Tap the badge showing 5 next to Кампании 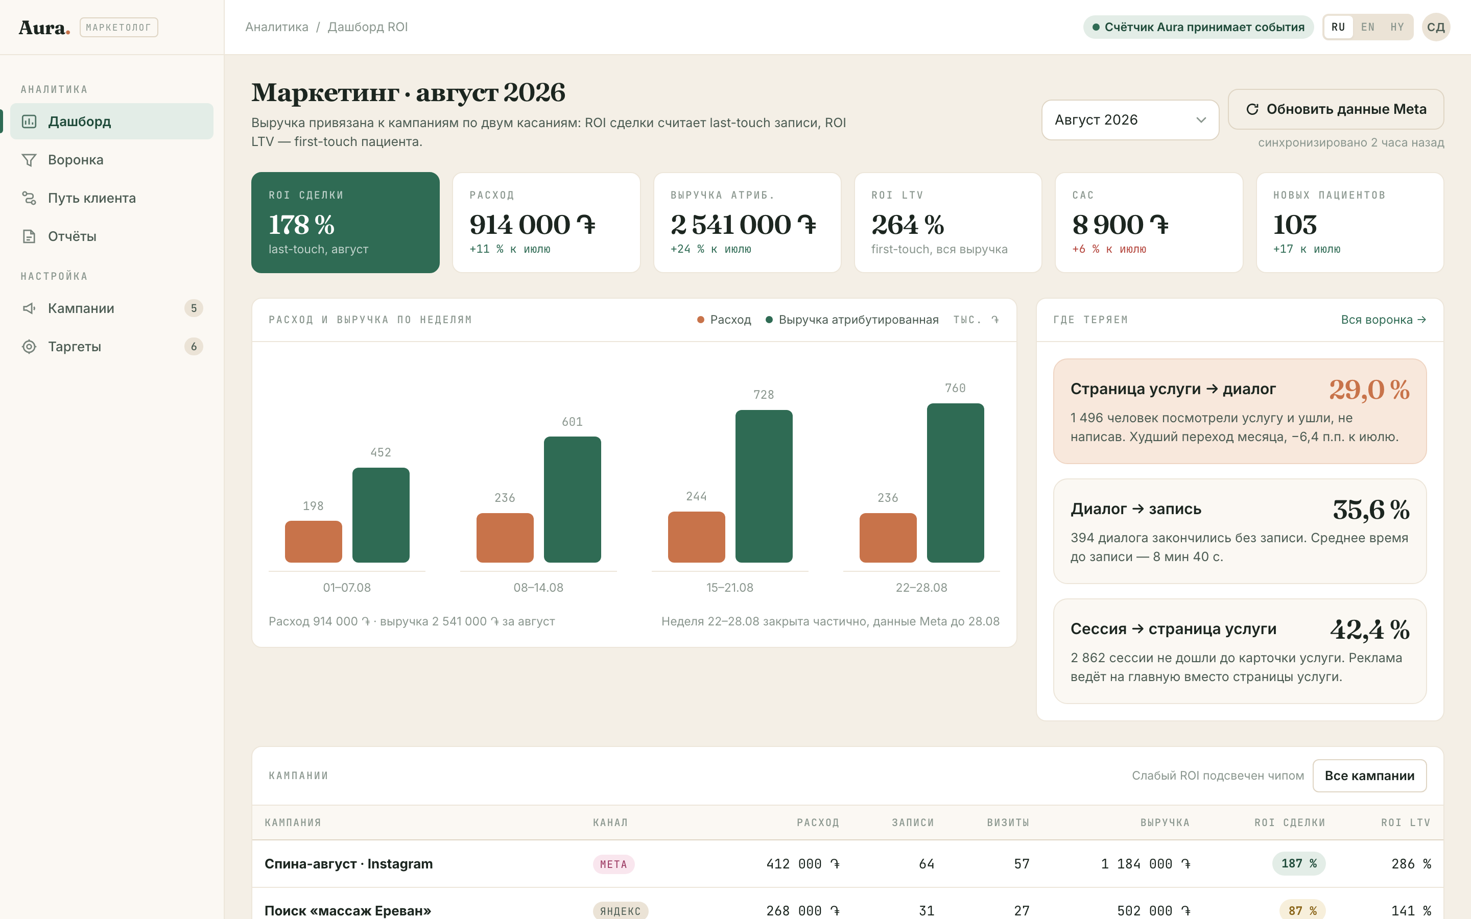(x=193, y=308)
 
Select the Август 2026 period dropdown (x=1130, y=120)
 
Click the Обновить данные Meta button (x=1336, y=109)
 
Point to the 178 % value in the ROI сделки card (x=301, y=224)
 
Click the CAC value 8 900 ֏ (x=1120, y=224)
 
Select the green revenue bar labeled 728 (x=764, y=486)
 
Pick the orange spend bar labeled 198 (x=314, y=542)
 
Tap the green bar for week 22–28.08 (x=955, y=483)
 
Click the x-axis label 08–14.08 (x=538, y=588)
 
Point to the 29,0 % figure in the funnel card (x=1369, y=389)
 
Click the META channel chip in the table (x=613, y=864)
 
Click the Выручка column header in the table (x=1165, y=823)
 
